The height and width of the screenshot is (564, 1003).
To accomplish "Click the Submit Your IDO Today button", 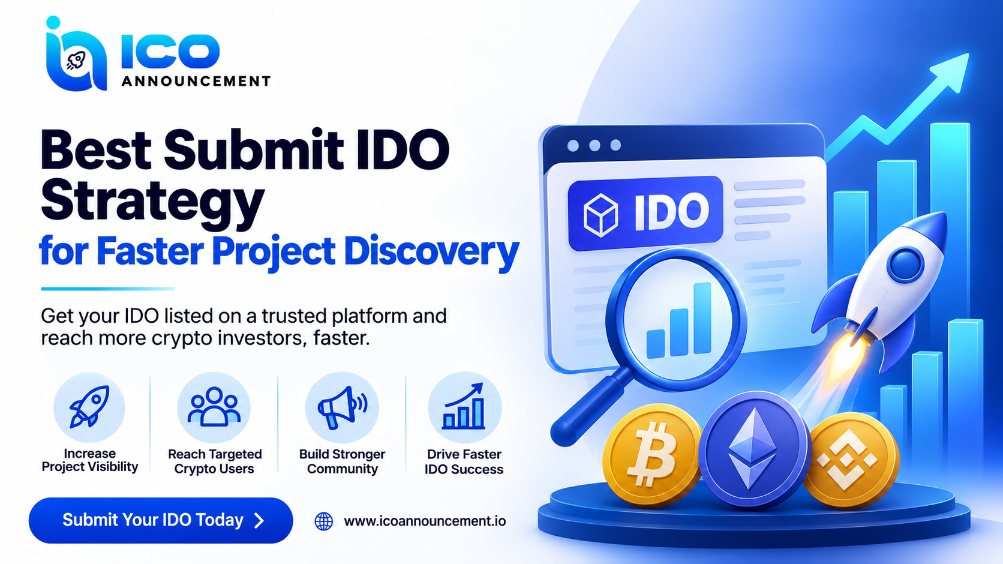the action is [161, 520].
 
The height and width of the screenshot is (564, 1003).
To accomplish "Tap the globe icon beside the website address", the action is [324, 521].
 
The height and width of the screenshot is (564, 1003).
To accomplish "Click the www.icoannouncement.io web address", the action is [425, 521].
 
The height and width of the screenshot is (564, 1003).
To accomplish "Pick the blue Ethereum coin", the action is [753, 449].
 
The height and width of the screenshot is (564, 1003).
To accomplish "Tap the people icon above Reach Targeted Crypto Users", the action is [214, 406].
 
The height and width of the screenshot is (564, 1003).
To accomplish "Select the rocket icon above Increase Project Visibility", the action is [89, 406].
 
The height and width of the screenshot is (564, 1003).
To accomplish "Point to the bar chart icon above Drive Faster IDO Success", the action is [464, 406].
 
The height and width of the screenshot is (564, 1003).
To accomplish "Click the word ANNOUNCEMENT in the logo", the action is [196, 81].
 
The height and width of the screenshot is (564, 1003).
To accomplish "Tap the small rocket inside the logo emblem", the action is [76, 61].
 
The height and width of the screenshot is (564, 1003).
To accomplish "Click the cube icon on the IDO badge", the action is [600, 215].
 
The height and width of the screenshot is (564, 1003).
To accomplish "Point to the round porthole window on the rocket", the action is [905, 265].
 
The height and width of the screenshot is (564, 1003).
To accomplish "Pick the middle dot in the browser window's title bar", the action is [594, 145].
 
